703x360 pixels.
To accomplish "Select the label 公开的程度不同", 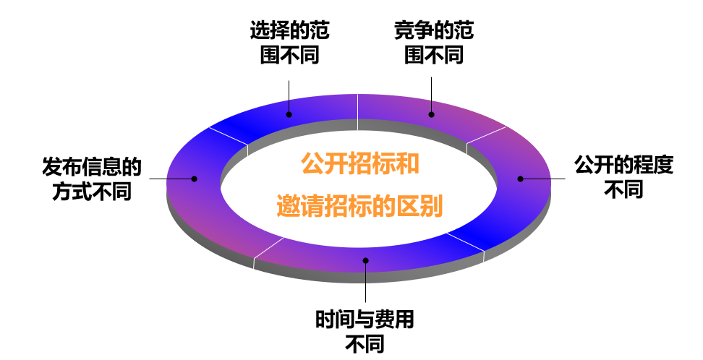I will pyautogui.click(x=623, y=177).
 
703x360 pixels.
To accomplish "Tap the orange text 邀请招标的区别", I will pyautogui.click(x=359, y=206).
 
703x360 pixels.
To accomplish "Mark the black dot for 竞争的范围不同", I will pyautogui.click(x=432, y=113).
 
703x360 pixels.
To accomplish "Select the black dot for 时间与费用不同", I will pyautogui.click(x=366, y=260).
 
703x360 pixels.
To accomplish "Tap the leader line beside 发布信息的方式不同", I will pyautogui.click(x=168, y=178).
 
